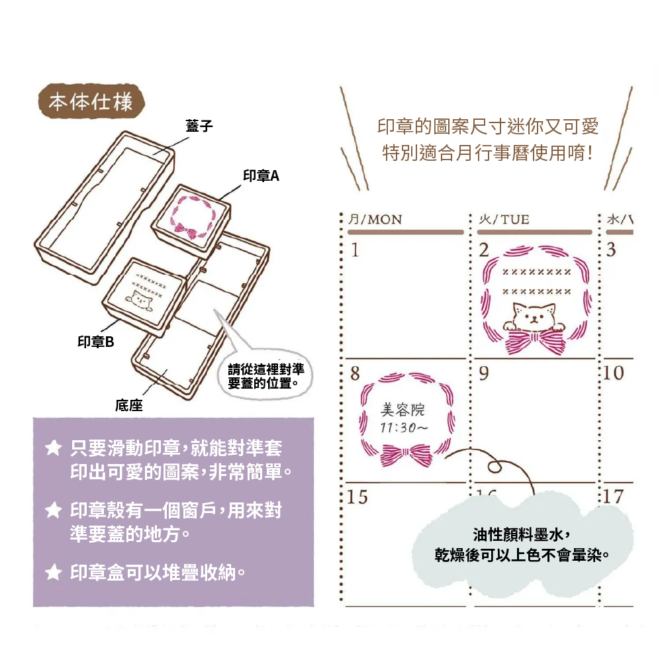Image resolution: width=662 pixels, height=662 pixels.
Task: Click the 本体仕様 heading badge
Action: (90, 102)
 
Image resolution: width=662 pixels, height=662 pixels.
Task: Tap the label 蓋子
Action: (199, 126)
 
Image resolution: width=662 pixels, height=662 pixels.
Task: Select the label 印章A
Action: (261, 175)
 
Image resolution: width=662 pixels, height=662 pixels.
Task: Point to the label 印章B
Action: (96, 342)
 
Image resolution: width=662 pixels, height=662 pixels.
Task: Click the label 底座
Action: (129, 405)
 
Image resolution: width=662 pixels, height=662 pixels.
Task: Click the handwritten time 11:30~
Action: (404, 428)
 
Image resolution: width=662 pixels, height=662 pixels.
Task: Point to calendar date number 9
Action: (484, 373)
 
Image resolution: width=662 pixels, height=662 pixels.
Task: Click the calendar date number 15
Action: (357, 496)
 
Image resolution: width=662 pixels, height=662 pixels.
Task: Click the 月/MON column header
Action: (375, 220)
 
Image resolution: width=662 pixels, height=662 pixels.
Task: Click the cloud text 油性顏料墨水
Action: (521, 535)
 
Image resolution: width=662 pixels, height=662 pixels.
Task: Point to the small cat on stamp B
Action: (141, 299)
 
